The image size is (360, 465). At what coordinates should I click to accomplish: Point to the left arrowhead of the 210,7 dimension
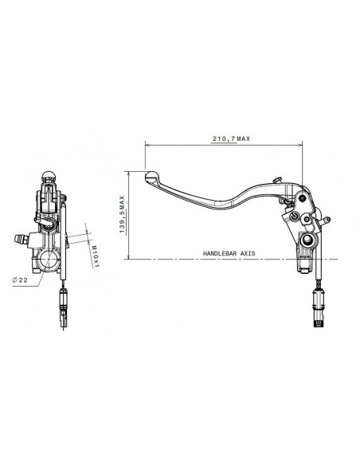tap(147, 145)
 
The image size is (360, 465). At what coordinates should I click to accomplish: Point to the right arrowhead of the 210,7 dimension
tap(302, 145)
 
